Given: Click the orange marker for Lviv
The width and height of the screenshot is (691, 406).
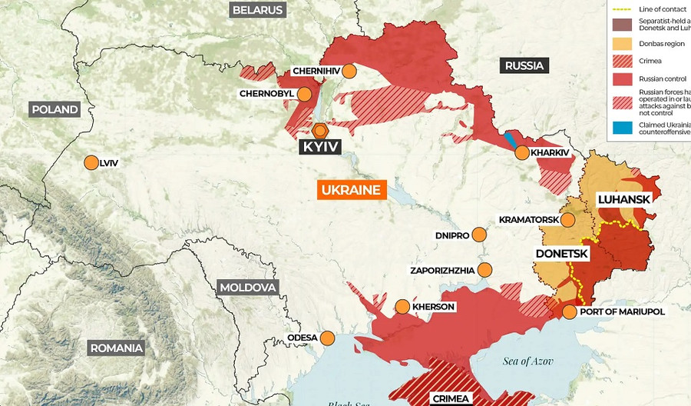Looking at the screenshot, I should point(91,162).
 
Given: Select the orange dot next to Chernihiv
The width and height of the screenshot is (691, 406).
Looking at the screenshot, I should point(349,72).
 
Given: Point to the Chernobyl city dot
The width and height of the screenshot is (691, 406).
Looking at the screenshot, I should point(305,95).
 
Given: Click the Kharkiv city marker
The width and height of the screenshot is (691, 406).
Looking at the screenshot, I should point(522,152).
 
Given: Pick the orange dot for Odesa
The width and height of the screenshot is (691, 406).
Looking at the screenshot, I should point(328,338).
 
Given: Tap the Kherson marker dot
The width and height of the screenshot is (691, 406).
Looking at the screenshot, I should point(402,307).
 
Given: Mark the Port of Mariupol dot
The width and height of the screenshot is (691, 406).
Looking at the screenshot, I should point(569,311).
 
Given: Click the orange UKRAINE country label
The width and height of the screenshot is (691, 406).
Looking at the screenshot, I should point(352,190).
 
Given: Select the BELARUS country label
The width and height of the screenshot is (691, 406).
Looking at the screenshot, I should point(257,10).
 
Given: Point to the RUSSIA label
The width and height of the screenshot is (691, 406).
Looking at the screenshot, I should point(524,65).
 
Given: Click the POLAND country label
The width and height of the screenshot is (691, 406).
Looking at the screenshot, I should point(55,109).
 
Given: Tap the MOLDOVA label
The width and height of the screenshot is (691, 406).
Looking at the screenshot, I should point(247,288).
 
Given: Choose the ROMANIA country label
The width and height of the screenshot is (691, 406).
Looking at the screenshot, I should point(117,348).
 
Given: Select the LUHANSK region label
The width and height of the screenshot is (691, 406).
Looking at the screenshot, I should point(623,199).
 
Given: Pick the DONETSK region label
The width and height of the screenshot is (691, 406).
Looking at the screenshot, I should point(561,253).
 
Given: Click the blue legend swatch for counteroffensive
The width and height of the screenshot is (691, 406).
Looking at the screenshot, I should point(620,128).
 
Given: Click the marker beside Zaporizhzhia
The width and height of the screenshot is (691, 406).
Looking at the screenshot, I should point(484,269).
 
